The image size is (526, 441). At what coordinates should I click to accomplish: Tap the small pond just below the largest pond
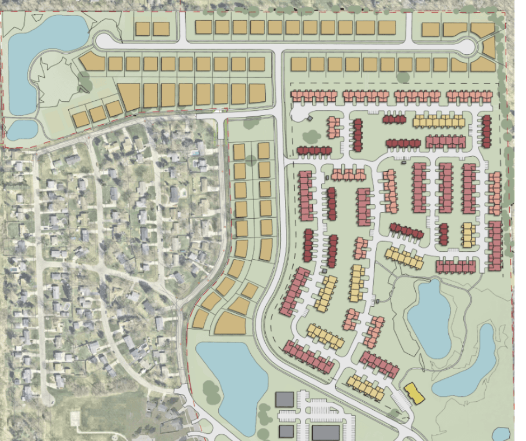tap(21, 129)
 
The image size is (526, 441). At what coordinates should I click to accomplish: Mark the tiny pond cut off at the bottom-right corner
tap(502, 434)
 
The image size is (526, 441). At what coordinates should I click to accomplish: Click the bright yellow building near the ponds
tap(415, 393)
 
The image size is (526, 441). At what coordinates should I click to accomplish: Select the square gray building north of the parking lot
tap(284, 400)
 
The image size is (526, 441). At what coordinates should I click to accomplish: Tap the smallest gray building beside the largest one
tap(285, 431)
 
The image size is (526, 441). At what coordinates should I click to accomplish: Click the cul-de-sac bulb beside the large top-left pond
tap(104, 41)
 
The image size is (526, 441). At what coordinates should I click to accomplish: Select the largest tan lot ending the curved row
tap(231, 323)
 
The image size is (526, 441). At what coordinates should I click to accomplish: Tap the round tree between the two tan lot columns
tap(251, 160)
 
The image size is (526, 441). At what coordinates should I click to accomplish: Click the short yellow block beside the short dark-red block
tap(467, 234)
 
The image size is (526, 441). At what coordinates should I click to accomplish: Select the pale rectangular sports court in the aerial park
tap(75, 419)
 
